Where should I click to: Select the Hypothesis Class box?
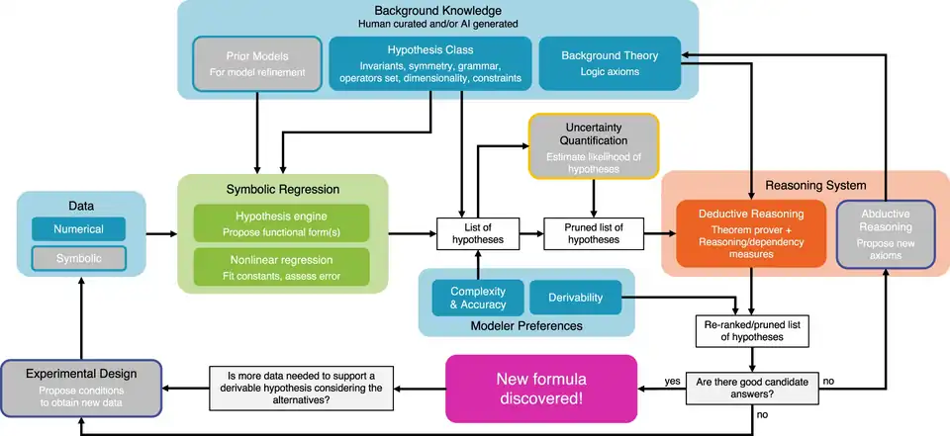(x=429, y=63)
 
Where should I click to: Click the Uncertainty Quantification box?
(x=594, y=145)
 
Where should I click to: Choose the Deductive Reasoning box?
(x=751, y=233)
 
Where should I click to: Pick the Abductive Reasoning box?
(x=885, y=233)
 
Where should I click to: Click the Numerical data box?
(x=79, y=229)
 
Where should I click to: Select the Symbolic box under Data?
(x=79, y=258)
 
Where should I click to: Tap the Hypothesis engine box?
(x=281, y=223)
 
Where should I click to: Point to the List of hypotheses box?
(x=479, y=233)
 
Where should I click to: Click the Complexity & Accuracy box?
(x=478, y=298)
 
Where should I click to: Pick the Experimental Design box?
(x=81, y=383)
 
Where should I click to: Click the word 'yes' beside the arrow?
(x=673, y=380)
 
